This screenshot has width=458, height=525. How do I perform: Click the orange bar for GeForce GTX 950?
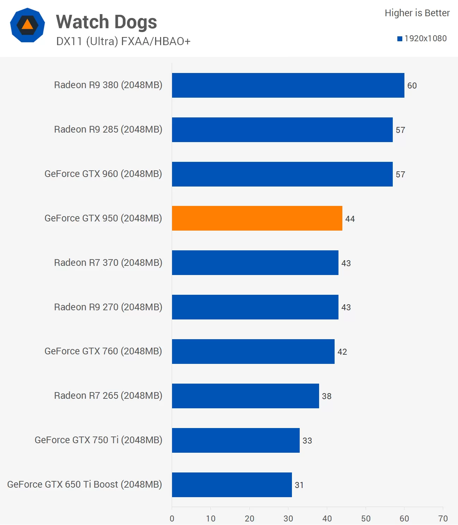tap(257, 218)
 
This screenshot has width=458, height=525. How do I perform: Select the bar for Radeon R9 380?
tap(288, 85)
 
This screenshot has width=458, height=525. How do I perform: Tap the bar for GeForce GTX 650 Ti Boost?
tap(232, 485)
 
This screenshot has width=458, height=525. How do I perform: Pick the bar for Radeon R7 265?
tap(245, 396)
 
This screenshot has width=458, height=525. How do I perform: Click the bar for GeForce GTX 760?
tap(253, 352)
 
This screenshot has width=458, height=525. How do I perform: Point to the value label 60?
tap(412, 86)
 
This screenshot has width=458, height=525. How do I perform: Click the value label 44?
tap(350, 219)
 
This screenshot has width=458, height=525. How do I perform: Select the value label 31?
tap(299, 485)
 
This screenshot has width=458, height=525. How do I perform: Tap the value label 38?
tap(326, 396)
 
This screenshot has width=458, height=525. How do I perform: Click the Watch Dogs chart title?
tap(106, 22)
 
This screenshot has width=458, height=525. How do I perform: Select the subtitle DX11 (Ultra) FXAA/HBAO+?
tap(123, 42)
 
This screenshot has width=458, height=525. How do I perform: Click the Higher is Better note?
tap(417, 13)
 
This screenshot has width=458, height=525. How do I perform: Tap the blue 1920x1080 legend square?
tap(400, 39)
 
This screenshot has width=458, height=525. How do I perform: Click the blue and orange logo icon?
tap(28, 25)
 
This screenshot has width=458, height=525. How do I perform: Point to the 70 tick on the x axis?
tap(443, 518)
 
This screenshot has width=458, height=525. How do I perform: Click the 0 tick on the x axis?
tap(172, 518)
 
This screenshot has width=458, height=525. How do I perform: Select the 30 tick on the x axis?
tap(288, 518)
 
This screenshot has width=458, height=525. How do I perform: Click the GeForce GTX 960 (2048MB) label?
tap(103, 174)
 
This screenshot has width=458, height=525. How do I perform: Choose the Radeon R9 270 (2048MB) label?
tap(108, 307)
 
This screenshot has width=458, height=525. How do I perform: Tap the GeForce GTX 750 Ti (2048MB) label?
tap(98, 440)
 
